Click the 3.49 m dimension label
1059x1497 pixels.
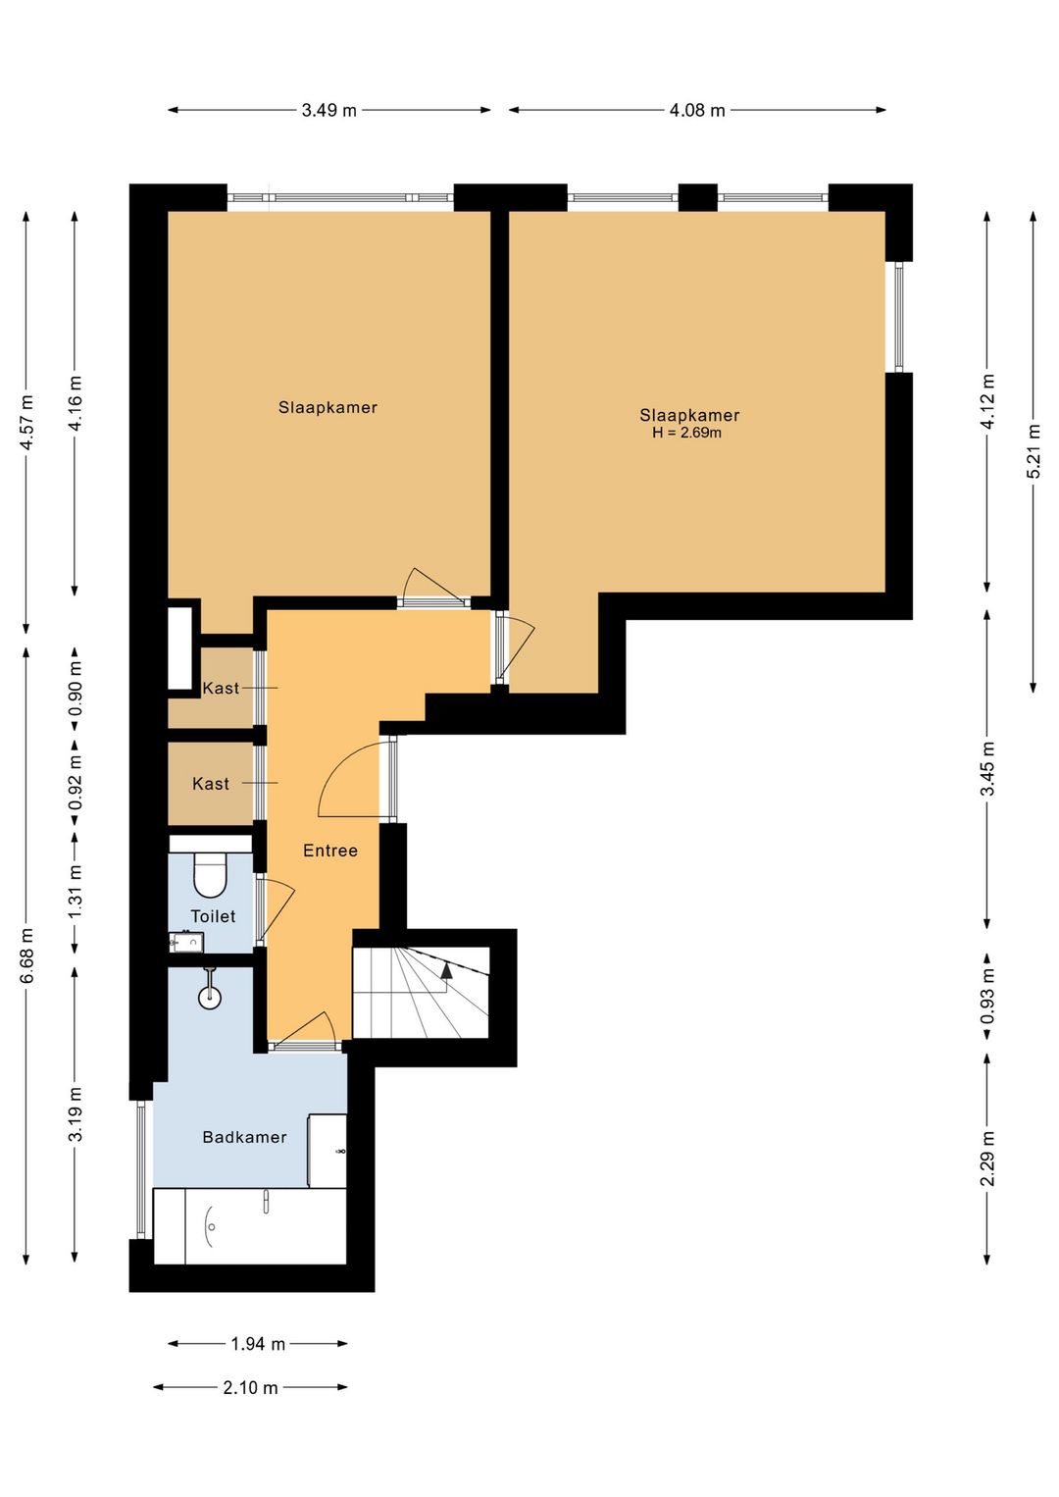coord(328,110)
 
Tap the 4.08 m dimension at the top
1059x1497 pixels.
coord(697,110)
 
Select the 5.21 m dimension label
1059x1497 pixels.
coord(1033,451)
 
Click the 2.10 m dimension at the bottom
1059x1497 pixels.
coord(250,1387)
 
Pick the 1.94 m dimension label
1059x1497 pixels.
coord(258,1343)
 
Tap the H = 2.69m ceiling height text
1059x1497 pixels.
coord(686,433)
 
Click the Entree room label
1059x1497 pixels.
coord(330,851)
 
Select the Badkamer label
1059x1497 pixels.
coord(244,1137)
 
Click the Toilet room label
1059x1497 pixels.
coord(213,916)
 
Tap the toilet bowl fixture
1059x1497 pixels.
coord(211,874)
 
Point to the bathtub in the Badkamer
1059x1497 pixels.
coord(250,1226)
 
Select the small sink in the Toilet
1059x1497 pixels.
coord(186,943)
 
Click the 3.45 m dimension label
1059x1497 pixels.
coord(987,768)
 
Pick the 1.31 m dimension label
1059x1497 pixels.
coord(75,892)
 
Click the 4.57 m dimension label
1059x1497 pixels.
coord(26,423)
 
